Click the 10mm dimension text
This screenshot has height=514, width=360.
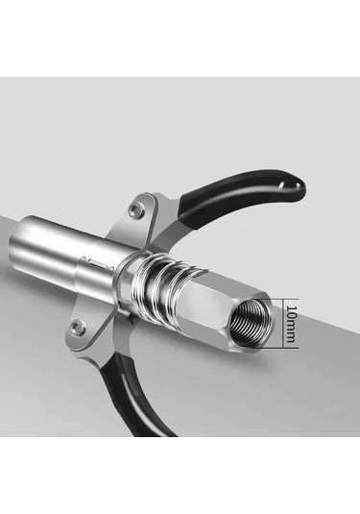[x=291, y=324]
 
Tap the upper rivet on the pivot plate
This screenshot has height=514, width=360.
[x=135, y=209]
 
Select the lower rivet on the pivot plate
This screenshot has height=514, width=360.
[x=77, y=327]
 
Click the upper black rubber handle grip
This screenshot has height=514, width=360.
[x=242, y=193]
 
